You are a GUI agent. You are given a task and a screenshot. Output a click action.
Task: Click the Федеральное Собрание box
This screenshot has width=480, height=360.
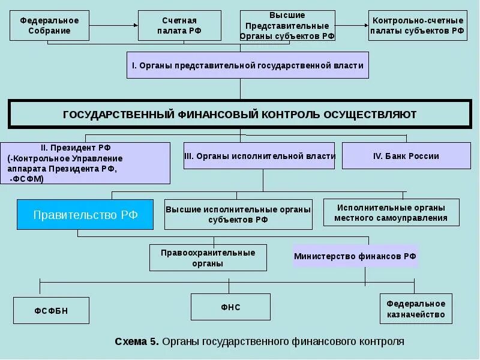[x=49, y=25]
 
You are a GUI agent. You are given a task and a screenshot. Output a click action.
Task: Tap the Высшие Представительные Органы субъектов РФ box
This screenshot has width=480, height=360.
[x=287, y=25]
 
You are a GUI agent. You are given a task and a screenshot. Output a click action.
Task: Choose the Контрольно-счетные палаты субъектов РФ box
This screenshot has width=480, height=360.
[x=418, y=25]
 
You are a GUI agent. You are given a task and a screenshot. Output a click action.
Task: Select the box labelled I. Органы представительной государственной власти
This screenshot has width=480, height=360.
[x=247, y=65]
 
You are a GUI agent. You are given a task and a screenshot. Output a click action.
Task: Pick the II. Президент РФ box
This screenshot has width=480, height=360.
[x=85, y=163]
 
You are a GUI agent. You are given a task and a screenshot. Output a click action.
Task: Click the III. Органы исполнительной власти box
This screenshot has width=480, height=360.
[x=260, y=155]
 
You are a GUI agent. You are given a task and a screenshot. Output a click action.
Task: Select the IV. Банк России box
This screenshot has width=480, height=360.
[x=406, y=155]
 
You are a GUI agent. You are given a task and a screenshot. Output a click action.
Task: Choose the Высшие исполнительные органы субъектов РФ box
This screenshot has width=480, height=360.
[x=238, y=214]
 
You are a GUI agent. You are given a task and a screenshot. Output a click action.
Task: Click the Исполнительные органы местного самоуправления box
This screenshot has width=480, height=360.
[x=391, y=212]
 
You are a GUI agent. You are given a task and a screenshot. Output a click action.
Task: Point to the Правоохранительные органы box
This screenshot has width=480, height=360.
[x=208, y=257]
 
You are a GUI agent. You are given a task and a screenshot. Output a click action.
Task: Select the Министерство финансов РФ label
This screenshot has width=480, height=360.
[x=355, y=256]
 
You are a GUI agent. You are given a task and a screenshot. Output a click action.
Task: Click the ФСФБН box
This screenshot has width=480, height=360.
[x=52, y=310]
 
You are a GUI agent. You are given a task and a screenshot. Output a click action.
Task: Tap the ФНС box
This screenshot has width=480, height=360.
[x=233, y=307]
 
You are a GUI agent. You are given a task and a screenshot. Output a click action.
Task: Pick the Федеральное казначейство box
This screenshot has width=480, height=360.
[x=416, y=309]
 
